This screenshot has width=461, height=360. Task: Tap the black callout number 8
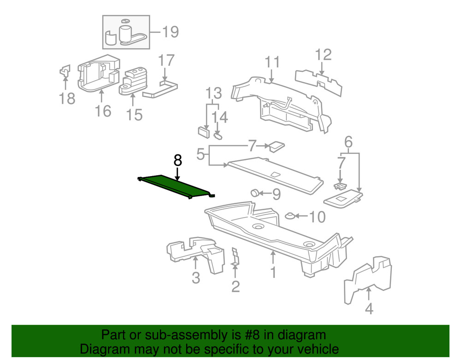pos(177,161)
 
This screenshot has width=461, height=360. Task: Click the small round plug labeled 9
pos(254,193)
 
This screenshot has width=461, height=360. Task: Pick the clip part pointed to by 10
pos(290,216)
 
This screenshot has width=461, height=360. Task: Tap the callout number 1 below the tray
pos(273,272)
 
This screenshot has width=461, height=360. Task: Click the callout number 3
pos(196,278)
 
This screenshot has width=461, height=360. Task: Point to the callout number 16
pos(103,111)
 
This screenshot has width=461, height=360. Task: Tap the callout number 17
pos(166,60)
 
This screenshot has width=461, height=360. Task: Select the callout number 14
pos(220,117)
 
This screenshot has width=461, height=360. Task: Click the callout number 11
pos(272,62)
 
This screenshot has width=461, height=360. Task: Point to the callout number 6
pos(349,142)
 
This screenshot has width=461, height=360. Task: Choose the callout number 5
pos(201,153)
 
